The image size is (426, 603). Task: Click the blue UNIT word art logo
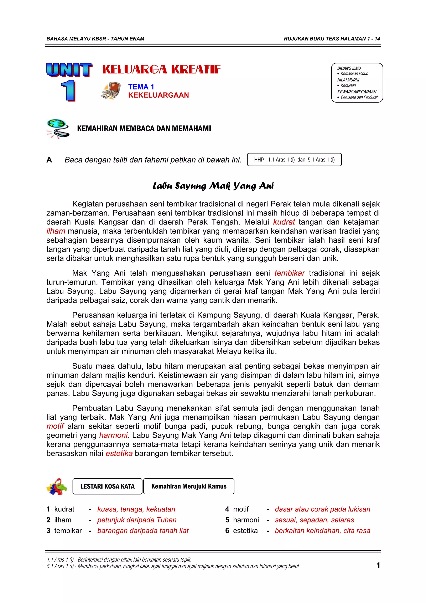(69, 70)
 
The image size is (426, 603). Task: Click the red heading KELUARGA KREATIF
(161, 69)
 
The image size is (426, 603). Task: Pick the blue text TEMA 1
(141, 87)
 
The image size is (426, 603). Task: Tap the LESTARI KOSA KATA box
(107, 486)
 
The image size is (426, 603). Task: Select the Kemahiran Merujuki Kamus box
(189, 486)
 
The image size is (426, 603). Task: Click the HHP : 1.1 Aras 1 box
(294, 160)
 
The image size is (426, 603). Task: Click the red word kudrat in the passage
(284, 222)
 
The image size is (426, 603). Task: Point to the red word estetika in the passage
(119, 454)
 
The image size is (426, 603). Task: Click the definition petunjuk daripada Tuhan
(137, 520)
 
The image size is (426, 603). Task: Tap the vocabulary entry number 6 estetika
(241, 531)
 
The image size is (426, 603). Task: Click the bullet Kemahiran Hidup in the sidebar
(354, 73)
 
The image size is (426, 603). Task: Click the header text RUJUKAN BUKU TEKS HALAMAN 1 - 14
(332, 39)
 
